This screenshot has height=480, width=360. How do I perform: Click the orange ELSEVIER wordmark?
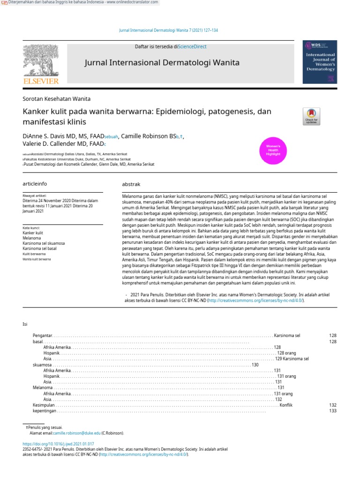41,82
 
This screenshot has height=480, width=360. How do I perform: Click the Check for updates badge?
311,116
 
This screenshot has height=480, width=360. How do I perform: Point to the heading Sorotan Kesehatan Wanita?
57,99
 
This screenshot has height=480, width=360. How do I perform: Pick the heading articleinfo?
35,184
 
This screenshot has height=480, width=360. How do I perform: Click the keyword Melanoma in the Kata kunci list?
32,238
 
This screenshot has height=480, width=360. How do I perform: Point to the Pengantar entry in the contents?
42,336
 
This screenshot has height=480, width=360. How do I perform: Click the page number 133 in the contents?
333,411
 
